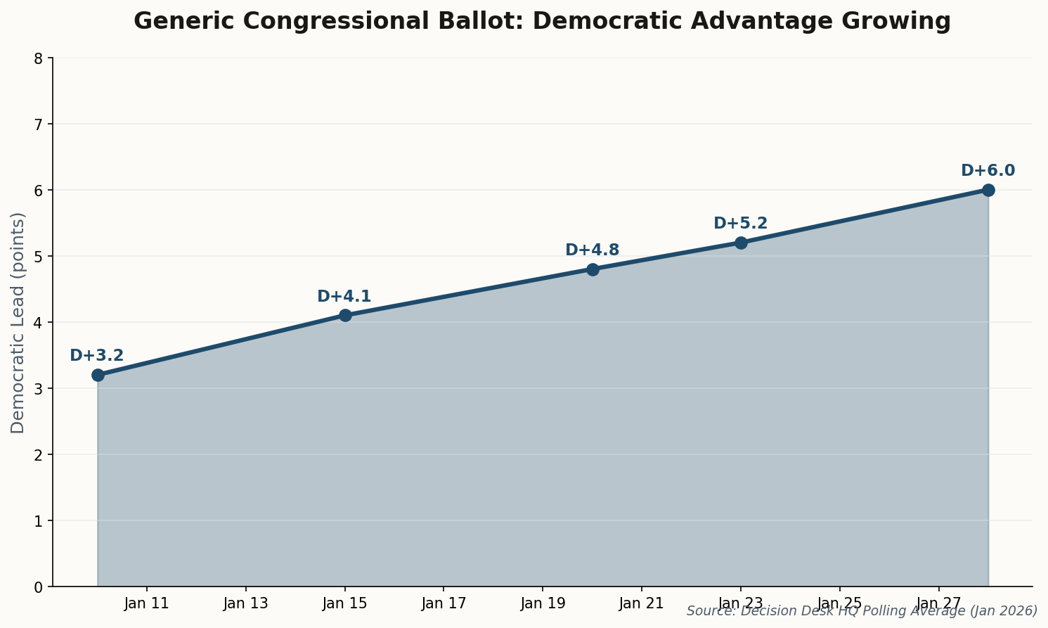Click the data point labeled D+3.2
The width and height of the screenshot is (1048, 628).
click(98, 375)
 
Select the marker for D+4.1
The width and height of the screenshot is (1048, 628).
click(345, 315)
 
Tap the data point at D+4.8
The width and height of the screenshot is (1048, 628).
click(593, 269)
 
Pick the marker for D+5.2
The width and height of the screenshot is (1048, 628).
click(741, 243)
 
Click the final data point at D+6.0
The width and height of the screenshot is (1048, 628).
click(988, 190)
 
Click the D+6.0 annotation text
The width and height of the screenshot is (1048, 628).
click(988, 171)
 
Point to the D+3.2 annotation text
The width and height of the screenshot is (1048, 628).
click(97, 356)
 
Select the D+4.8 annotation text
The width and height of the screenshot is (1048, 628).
click(592, 250)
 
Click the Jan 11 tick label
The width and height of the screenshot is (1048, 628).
click(147, 603)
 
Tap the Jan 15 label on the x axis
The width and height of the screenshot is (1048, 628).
click(345, 603)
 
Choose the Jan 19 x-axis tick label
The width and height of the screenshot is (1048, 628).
click(543, 603)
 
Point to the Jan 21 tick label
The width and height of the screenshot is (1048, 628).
click(642, 603)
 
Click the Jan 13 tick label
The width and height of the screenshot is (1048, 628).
click(246, 603)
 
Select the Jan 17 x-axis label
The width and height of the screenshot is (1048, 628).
click(444, 603)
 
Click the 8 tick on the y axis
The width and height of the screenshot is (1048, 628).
click(39, 58)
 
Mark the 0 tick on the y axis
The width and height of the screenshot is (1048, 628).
click(39, 587)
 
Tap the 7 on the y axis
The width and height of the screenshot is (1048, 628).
click(39, 124)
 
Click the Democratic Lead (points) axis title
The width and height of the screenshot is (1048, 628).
click(18, 322)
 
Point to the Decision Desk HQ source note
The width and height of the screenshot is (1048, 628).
click(862, 611)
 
